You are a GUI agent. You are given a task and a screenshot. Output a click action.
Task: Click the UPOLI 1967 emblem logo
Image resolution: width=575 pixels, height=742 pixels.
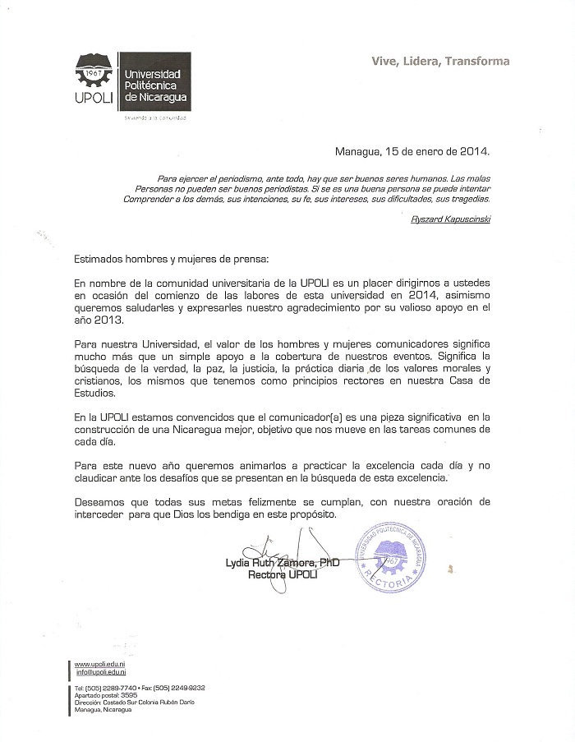click(x=96, y=76)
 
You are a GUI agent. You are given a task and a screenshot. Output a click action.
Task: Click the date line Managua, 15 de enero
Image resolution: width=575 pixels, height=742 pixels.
click(x=412, y=151)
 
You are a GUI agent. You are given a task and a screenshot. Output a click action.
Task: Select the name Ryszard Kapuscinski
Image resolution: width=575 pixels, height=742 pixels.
click(x=449, y=219)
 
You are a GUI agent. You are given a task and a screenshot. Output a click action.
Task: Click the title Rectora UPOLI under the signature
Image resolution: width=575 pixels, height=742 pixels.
click(x=282, y=574)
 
